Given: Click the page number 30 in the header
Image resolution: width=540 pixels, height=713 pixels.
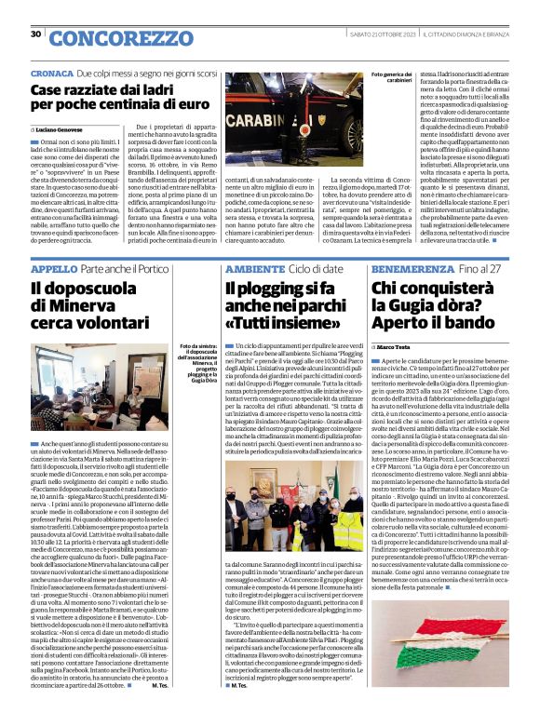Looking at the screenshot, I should point(36,35).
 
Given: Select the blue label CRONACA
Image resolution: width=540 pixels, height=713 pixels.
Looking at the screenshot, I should point(51,73).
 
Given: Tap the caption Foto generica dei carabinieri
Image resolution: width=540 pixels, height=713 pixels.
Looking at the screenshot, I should point(392,78).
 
